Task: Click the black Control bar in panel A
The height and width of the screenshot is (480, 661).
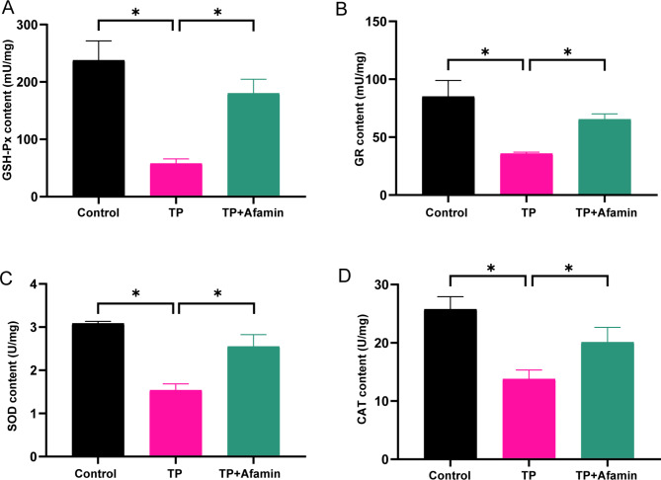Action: [99, 128]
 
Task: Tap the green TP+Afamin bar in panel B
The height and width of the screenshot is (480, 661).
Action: [605, 157]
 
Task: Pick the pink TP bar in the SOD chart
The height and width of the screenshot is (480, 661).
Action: [176, 423]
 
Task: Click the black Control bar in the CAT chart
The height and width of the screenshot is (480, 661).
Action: [451, 384]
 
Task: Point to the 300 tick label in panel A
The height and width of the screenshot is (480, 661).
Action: [27, 25]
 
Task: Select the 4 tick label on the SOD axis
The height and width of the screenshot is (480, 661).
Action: [34, 284]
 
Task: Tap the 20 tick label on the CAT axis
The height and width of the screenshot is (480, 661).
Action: [381, 343]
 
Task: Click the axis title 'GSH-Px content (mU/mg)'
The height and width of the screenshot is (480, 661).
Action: [8, 111]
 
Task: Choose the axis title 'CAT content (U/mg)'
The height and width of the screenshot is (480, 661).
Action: [362, 368]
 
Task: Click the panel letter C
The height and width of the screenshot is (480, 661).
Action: [6, 278]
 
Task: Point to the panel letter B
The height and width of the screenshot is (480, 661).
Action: [341, 9]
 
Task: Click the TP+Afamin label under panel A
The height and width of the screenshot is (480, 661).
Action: [253, 212]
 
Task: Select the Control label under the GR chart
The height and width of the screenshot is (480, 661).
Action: [447, 212]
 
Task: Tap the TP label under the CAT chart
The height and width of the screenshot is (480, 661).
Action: [529, 475]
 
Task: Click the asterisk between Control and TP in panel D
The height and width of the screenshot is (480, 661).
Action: [491, 269]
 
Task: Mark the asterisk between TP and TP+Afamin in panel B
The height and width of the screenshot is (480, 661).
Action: [567, 52]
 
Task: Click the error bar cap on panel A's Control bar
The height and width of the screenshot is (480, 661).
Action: [99, 40]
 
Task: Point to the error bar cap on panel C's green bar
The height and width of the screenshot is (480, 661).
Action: [254, 334]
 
